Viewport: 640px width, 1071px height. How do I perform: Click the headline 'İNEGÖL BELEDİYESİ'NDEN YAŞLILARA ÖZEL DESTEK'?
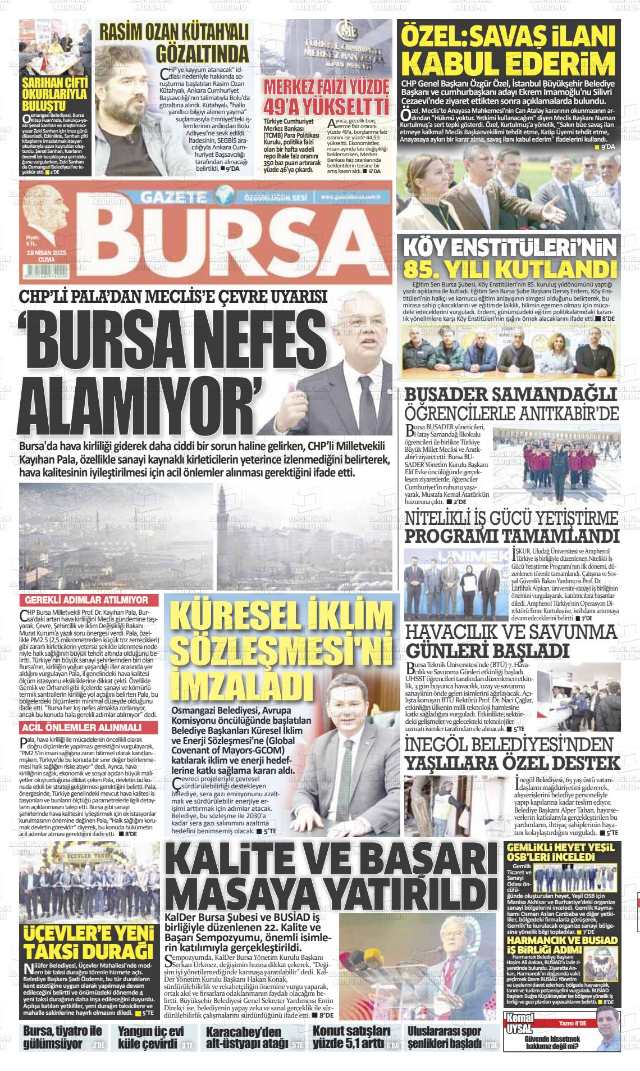[513, 754]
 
